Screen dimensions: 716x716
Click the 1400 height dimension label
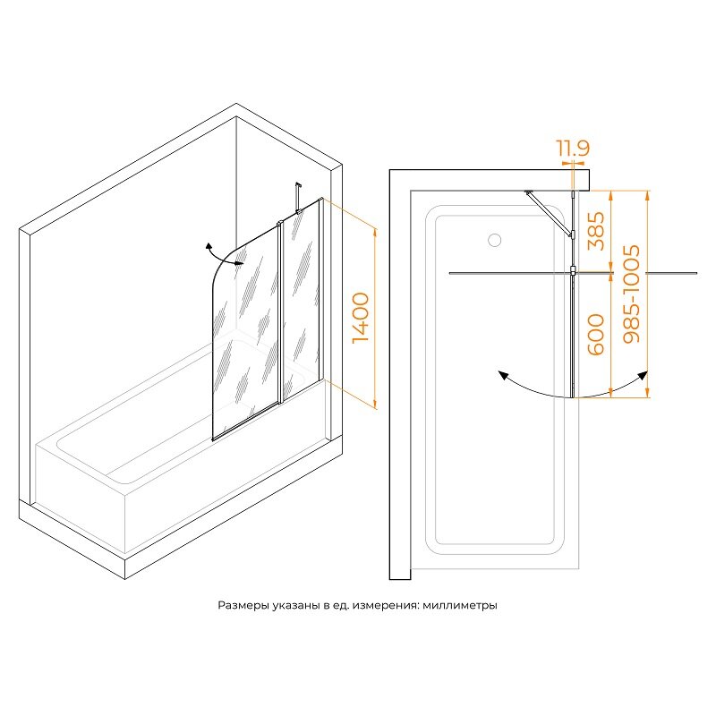click(361, 318)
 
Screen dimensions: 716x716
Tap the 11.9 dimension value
click(573, 148)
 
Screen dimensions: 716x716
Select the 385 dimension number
click(596, 231)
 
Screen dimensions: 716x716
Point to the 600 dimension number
click(596, 334)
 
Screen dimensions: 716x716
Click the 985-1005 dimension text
click(632, 294)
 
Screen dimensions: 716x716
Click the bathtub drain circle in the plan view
click(495, 240)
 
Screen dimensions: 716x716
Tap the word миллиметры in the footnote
click(460, 606)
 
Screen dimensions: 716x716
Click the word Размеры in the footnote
click(243, 606)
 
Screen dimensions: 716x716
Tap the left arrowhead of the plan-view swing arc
click(503, 375)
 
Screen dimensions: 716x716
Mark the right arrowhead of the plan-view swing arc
click(643, 375)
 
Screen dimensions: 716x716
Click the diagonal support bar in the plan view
click(549, 213)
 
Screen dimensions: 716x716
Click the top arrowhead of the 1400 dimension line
click(375, 232)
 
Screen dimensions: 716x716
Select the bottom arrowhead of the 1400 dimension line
click(375, 404)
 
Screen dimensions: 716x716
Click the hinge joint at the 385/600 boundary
click(573, 271)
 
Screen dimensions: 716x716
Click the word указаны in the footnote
click(296, 606)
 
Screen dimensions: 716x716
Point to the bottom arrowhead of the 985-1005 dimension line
click(646, 393)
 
